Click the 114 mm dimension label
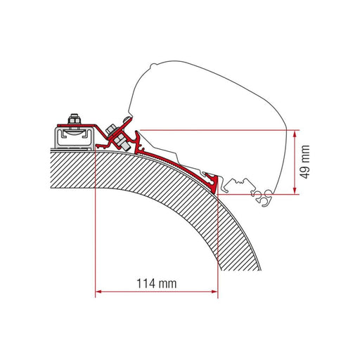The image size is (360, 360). click(x=156, y=283)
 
